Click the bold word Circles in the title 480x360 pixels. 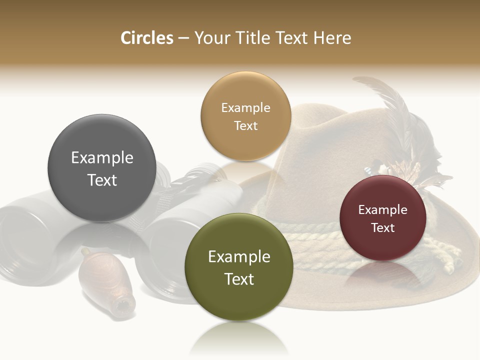point(146,38)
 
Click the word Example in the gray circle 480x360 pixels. point(102,158)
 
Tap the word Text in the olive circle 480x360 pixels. point(239,279)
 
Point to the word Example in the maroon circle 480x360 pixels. point(383,210)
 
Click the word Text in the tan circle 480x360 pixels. point(245,126)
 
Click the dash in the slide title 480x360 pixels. point(183,38)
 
